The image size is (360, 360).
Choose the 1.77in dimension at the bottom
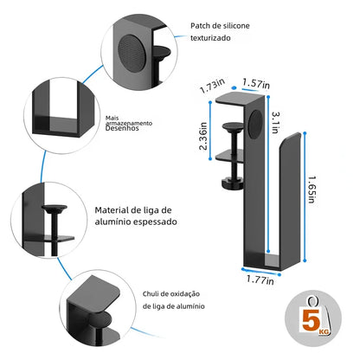(x=259, y=280)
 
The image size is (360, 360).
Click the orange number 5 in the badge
(x=307, y=325)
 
